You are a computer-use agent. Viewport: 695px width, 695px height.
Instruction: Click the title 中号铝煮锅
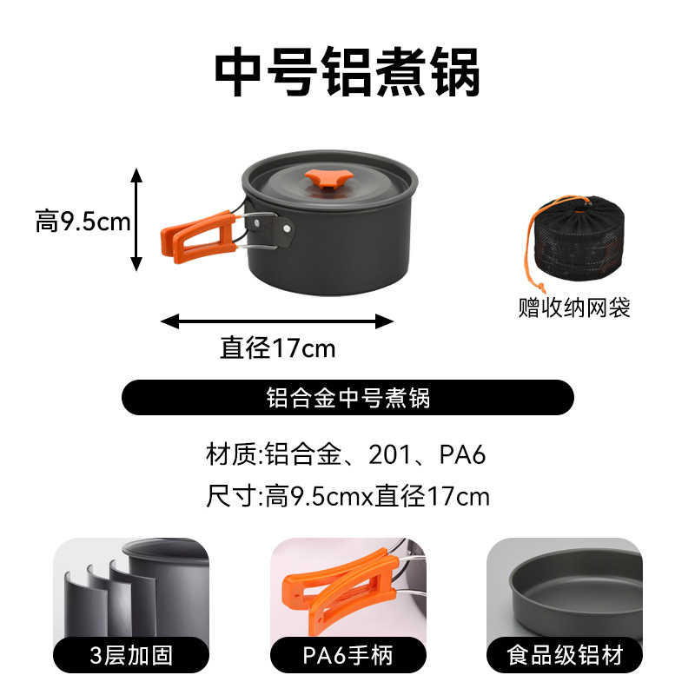tap(347, 74)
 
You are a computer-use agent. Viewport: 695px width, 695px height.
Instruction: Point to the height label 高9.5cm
tap(83, 222)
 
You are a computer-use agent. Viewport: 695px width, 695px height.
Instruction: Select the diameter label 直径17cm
tap(277, 349)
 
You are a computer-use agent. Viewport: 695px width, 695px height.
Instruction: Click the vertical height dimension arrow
tap(136, 208)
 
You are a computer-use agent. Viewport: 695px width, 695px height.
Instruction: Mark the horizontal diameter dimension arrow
tap(277, 321)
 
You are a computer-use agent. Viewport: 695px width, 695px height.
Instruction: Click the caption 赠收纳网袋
tap(574, 308)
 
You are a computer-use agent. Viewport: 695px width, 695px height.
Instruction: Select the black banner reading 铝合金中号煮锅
tap(347, 398)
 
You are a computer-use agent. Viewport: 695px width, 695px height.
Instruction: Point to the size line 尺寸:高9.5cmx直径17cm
tap(347, 497)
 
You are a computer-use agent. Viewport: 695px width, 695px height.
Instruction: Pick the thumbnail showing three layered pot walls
tap(131, 586)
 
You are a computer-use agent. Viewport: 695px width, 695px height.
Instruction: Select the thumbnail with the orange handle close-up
tap(347, 586)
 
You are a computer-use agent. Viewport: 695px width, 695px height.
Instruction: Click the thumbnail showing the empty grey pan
tap(564, 586)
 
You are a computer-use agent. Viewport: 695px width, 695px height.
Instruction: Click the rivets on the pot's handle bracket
tap(284, 228)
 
